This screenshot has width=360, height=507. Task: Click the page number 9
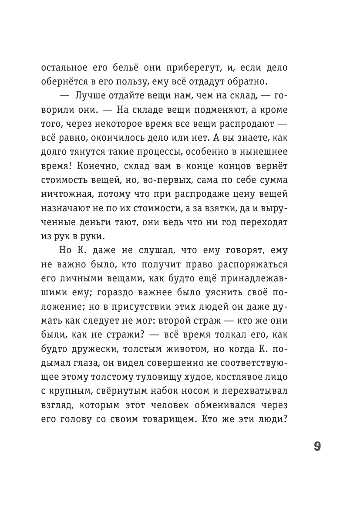[x=317, y=447]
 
